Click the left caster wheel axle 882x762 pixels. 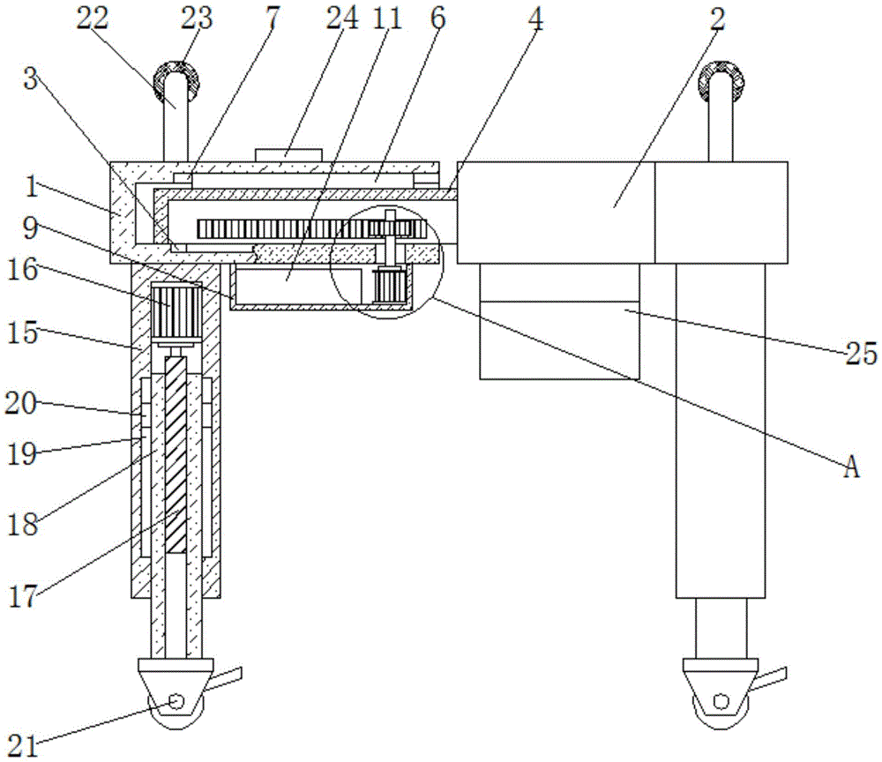pyautogui.click(x=175, y=702)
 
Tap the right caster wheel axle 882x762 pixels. pyautogui.click(x=721, y=702)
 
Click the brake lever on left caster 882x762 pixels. pyautogui.click(x=227, y=679)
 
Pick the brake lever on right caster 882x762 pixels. pyautogui.click(x=771, y=679)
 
